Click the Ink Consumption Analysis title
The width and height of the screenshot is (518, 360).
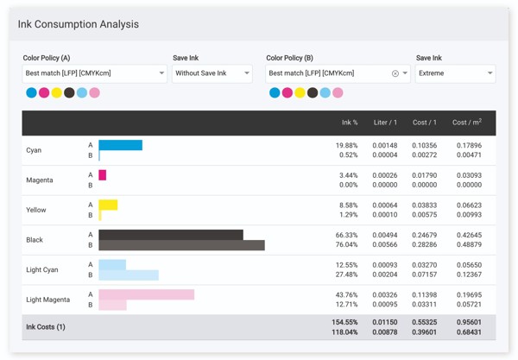point(78,24)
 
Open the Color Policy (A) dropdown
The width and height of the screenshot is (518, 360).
point(94,73)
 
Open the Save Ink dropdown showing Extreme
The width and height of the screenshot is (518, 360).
point(454,73)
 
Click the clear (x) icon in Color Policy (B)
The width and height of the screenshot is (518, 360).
point(395,73)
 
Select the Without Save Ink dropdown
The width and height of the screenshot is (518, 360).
point(212,73)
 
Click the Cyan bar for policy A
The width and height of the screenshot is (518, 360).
point(121,145)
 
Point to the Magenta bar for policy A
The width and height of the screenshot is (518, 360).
point(103,175)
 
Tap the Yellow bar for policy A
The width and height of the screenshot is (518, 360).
point(108,205)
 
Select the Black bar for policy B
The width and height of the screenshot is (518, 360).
point(181,245)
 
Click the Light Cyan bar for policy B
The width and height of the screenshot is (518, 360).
point(129,275)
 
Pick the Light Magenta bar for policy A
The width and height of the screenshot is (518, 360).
point(146,294)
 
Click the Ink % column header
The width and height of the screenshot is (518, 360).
point(350,123)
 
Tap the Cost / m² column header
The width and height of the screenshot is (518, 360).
point(467,123)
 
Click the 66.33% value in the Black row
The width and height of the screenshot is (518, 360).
point(346,235)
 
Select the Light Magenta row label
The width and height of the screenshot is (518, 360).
point(48,300)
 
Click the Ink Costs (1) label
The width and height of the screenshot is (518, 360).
point(46,327)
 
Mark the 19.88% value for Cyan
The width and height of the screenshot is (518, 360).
point(346,145)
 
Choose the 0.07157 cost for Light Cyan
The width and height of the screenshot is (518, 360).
point(424,275)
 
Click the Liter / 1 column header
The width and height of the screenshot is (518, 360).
point(385,123)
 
